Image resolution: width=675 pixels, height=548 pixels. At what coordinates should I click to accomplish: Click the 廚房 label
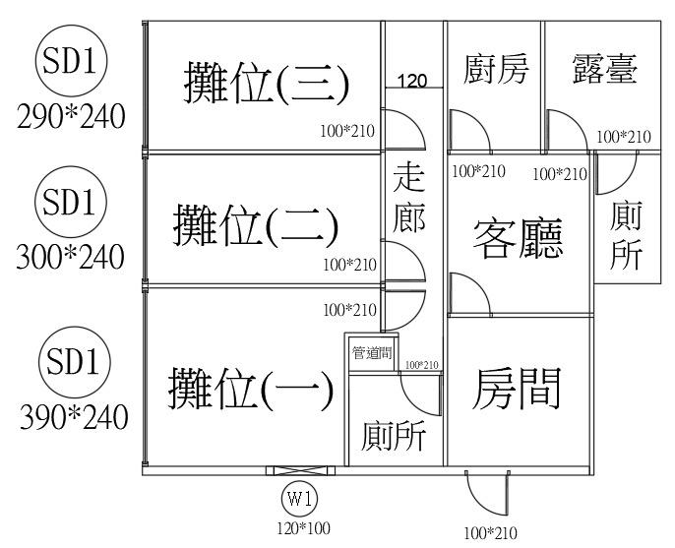click(x=496, y=71)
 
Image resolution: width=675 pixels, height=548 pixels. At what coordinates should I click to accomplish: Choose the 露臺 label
click(x=604, y=71)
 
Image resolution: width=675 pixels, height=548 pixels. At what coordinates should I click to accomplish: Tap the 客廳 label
click(x=519, y=237)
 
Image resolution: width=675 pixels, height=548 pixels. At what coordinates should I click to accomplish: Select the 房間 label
click(x=518, y=389)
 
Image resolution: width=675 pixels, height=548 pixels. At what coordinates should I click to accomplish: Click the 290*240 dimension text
click(x=72, y=117)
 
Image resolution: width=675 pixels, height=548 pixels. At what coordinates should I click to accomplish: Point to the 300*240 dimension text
click(x=70, y=258)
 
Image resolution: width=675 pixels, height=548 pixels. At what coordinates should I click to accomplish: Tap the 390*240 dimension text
click(x=74, y=416)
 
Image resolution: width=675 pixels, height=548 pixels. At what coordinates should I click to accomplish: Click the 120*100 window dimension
click(x=302, y=527)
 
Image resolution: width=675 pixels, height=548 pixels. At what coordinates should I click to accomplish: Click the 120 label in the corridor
click(x=412, y=81)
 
